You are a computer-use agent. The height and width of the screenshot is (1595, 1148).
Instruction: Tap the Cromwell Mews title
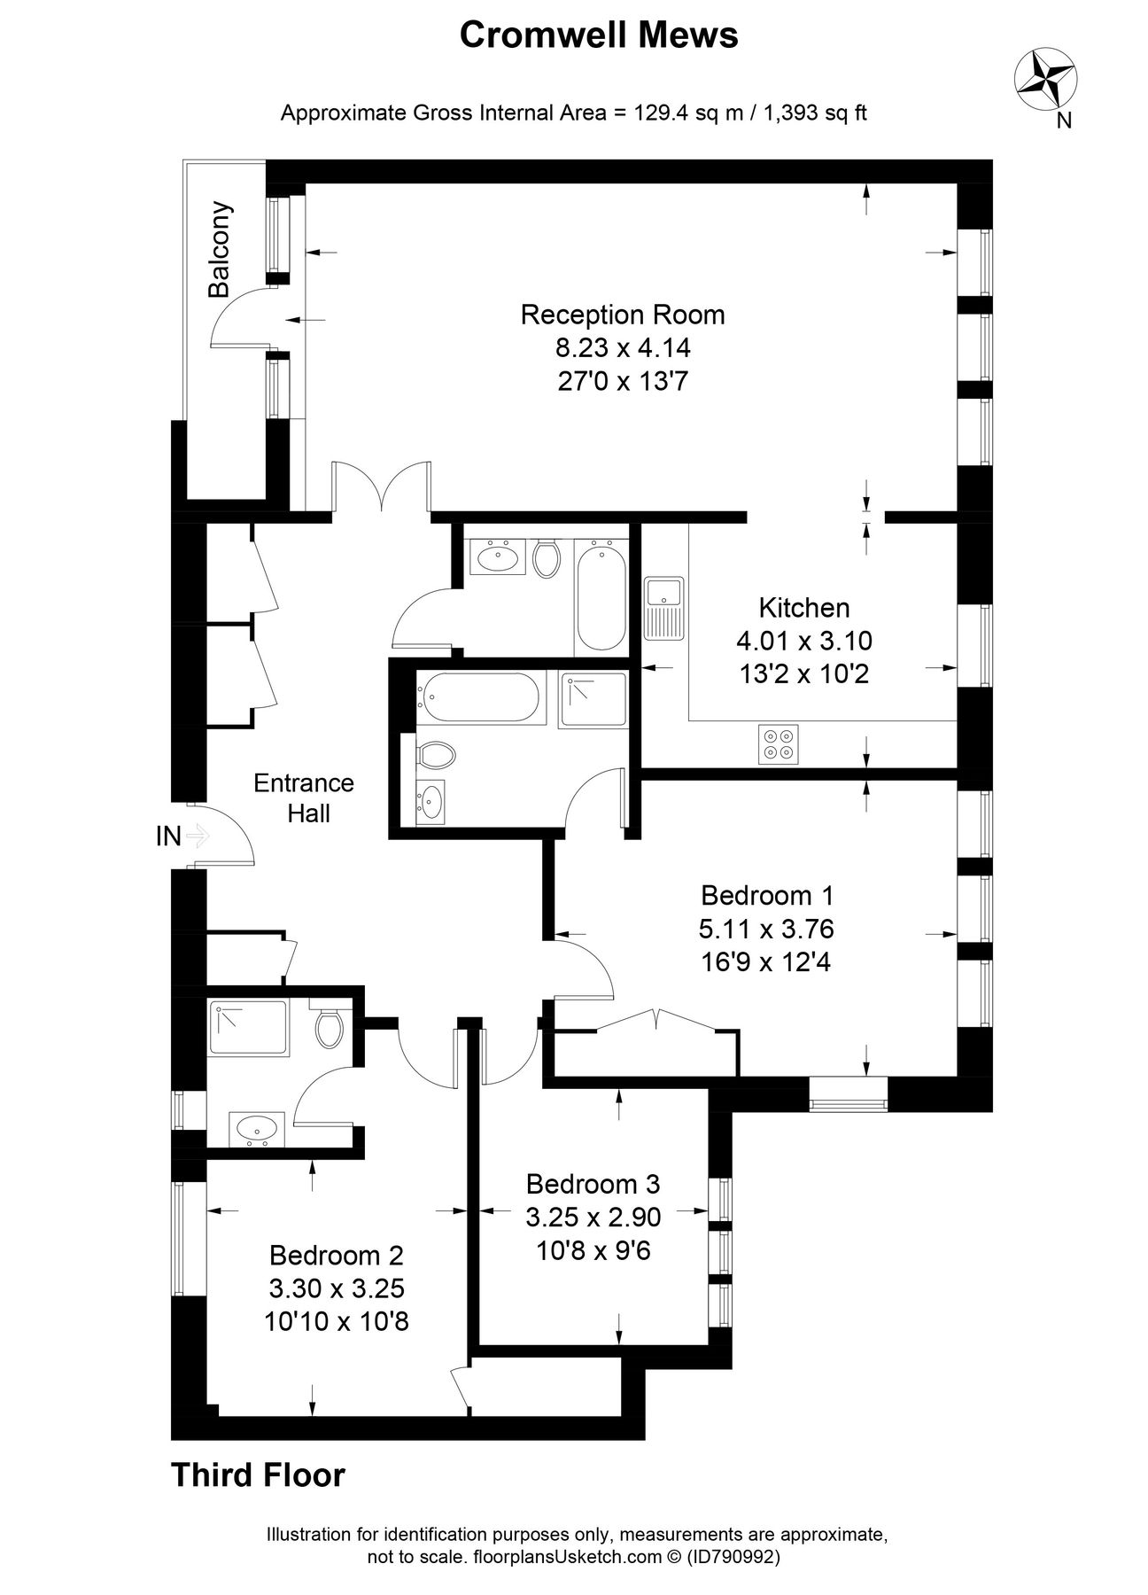(x=599, y=35)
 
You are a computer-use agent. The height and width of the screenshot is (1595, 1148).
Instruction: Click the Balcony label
(x=219, y=250)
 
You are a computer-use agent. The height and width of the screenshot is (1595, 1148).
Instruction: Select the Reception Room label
(x=623, y=315)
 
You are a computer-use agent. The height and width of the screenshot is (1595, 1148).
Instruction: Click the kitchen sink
(x=663, y=606)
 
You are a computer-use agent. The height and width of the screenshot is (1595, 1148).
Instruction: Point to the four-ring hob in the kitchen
(x=778, y=743)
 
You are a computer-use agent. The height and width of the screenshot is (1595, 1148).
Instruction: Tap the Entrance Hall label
(x=304, y=797)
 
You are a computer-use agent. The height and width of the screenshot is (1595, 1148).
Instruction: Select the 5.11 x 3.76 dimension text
(x=766, y=929)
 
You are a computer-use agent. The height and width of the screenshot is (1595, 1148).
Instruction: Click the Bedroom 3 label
(x=593, y=1184)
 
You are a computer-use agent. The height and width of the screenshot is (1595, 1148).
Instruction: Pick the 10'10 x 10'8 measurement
(x=336, y=1322)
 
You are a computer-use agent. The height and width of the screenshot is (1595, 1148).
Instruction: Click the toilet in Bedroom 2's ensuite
(x=329, y=1027)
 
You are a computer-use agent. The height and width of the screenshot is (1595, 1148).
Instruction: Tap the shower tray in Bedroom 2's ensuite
(x=248, y=1028)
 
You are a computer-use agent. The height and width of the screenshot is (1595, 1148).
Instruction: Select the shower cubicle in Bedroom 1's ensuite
(x=593, y=700)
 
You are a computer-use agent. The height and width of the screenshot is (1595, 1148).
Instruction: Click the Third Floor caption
(x=257, y=1475)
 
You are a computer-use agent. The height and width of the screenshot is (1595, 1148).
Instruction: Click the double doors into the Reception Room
(x=382, y=487)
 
